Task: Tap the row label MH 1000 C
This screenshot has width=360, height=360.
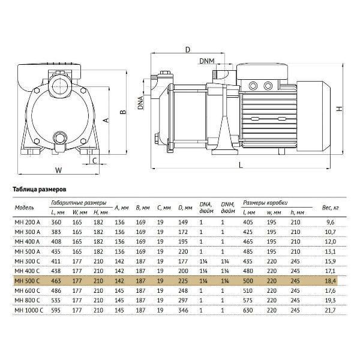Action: (x=28, y=310)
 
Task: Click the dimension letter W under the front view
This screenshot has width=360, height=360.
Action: (x=58, y=170)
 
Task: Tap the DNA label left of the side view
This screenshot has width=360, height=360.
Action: (x=140, y=102)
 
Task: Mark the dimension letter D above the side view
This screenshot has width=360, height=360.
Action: (x=187, y=49)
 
